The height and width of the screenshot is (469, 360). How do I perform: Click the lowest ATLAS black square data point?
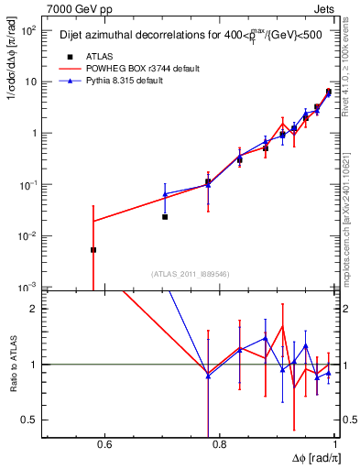93,249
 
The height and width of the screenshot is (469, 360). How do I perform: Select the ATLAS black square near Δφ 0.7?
165,217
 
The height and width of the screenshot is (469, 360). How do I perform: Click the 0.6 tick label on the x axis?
104,446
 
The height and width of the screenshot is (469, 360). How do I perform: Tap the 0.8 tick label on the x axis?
220,446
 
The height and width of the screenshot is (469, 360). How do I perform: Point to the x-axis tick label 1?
336,446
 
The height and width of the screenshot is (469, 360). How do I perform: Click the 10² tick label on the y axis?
29,30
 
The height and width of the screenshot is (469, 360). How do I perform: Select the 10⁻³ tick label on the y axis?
29,287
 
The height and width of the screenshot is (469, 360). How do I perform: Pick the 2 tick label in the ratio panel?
33,309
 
